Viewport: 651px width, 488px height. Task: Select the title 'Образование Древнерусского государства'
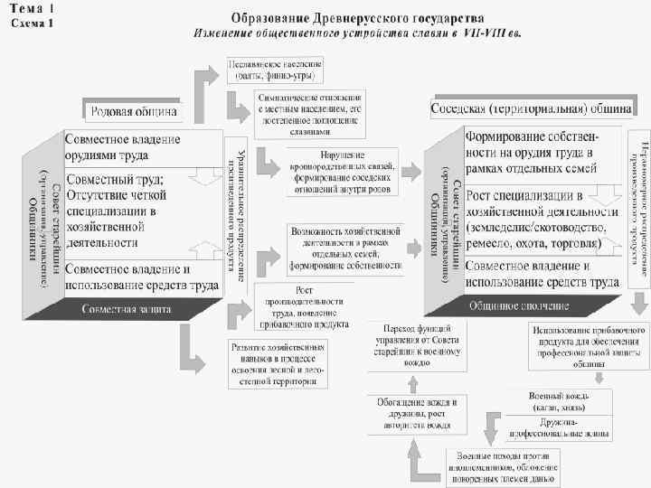[x=357, y=17]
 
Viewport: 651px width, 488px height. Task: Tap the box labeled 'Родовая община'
[x=134, y=111]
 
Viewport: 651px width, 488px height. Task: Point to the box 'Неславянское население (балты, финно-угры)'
[x=278, y=70]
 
